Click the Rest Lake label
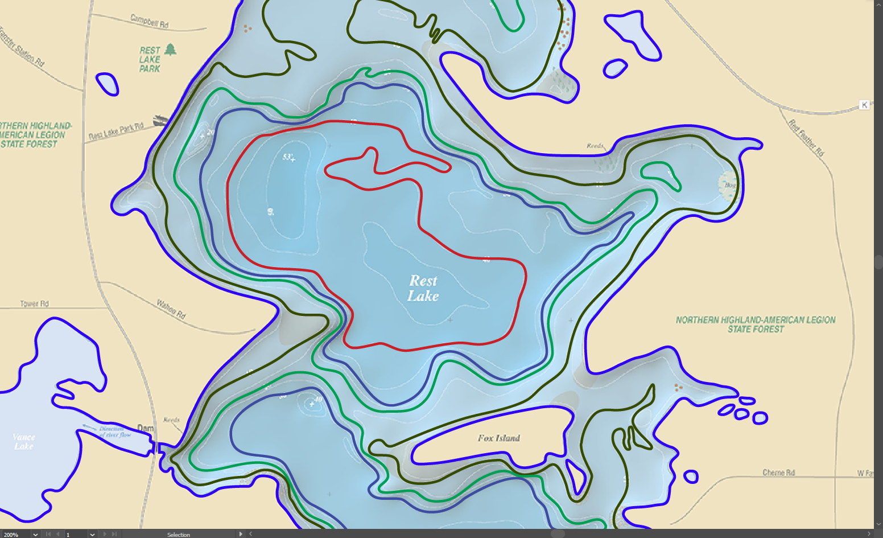[x=423, y=288]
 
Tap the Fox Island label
[x=499, y=438]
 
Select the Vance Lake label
[x=24, y=441]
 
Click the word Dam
[x=146, y=428]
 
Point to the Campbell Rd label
[x=150, y=22]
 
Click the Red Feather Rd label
[x=806, y=138]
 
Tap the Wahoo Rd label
[x=171, y=309]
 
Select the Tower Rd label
[x=35, y=303]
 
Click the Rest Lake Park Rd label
[x=116, y=132]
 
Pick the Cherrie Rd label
[x=778, y=473]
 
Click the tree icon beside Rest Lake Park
[x=170, y=50]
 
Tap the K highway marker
[x=864, y=105]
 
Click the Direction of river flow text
[x=114, y=432]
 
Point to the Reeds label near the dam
[x=171, y=420]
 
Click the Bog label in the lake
[x=730, y=185]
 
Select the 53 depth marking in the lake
[x=288, y=157]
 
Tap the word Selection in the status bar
[x=179, y=535]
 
